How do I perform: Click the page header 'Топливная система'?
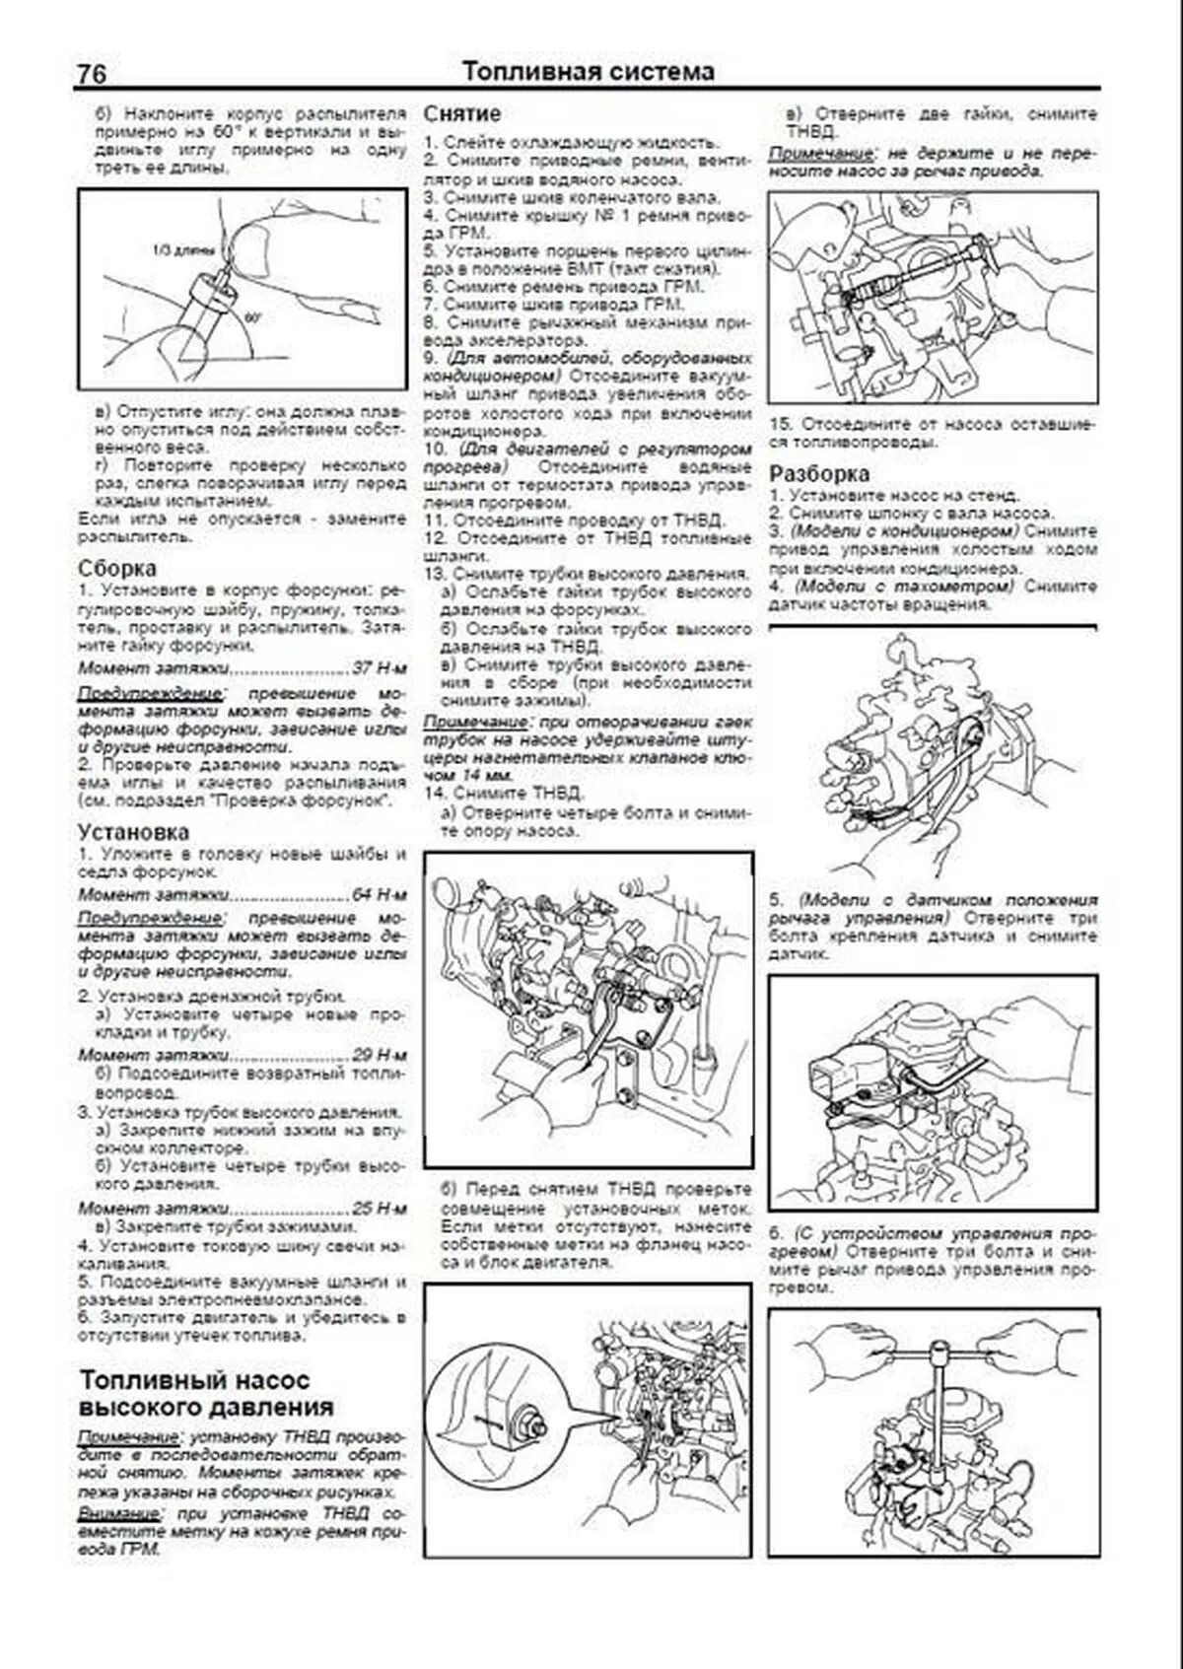(588, 72)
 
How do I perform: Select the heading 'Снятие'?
(462, 114)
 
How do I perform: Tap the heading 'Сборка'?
(116, 569)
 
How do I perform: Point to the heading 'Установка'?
(133, 832)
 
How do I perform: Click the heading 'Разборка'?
(819, 473)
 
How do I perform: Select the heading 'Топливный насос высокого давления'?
(206, 1393)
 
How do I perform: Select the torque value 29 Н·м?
(380, 1054)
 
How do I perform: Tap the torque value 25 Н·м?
(380, 1208)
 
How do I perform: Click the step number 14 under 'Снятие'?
(433, 793)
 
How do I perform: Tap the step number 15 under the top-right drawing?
(779, 425)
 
